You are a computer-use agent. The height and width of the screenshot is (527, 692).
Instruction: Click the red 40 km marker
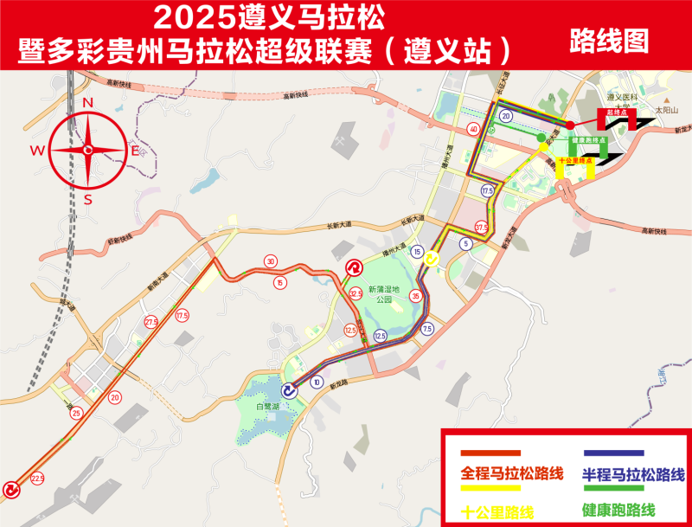click(472, 130)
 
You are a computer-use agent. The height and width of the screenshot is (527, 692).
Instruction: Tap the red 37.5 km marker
click(482, 228)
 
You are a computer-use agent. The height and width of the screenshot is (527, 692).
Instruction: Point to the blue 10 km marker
click(317, 382)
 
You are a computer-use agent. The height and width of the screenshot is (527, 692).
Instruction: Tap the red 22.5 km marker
click(37, 478)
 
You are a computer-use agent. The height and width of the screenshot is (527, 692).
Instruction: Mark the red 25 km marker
click(76, 414)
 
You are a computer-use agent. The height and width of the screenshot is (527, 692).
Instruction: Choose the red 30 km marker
click(271, 261)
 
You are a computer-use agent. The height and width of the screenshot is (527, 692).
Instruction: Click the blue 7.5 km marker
click(426, 330)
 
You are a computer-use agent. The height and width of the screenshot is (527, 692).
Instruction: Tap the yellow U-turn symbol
click(434, 258)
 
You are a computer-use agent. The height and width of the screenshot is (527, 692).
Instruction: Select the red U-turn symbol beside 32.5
click(354, 268)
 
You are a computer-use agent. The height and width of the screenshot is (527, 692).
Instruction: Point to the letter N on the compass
click(87, 102)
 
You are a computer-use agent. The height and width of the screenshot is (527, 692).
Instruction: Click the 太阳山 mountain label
click(667, 112)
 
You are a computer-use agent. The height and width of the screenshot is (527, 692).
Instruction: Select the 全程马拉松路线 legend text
click(512, 474)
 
